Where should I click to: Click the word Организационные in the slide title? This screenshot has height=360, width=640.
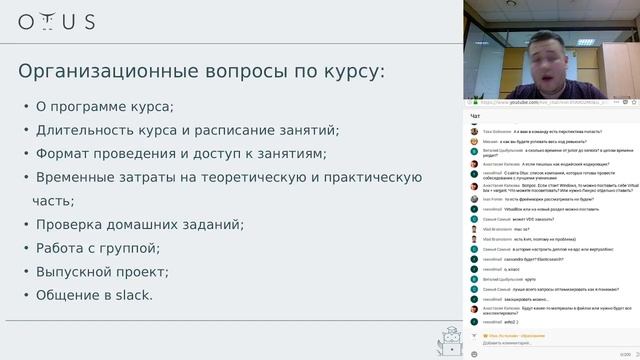point(104,72)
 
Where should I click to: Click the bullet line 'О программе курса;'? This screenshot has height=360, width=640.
point(104,107)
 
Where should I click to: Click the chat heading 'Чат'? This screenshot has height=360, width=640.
point(475,117)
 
